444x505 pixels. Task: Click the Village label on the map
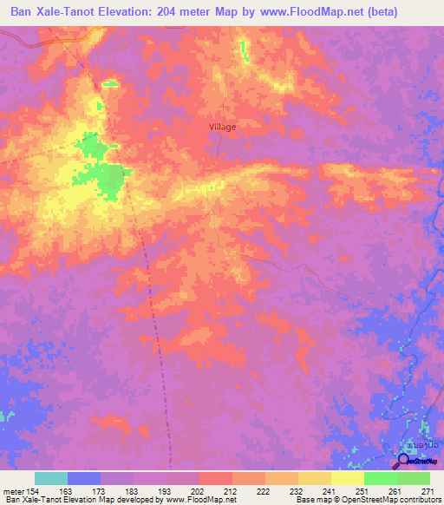(222, 126)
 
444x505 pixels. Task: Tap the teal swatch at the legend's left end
(51, 478)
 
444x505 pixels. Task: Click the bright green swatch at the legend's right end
(414, 478)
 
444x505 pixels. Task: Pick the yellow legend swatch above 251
(348, 478)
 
